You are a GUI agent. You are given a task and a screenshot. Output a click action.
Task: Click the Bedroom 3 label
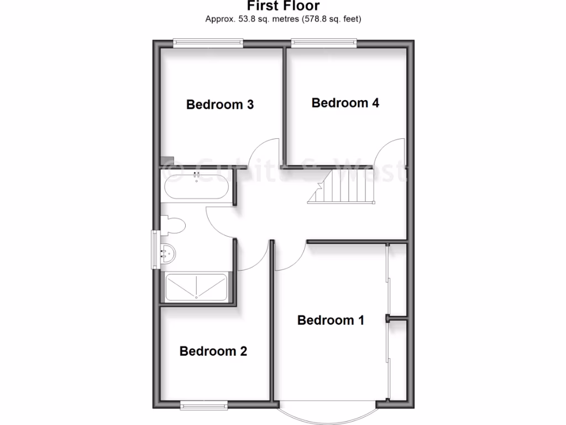point(219,105)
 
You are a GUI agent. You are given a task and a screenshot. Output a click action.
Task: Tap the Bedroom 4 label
point(345,103)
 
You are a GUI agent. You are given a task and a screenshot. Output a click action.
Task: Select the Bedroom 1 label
point(331,320)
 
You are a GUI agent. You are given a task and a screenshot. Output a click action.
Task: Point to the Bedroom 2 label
point(213,351)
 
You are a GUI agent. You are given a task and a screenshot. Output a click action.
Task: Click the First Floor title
point(282,7)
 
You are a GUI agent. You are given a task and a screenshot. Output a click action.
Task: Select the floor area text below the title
point(283,19)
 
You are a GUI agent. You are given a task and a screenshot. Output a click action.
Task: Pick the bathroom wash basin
point(167,253)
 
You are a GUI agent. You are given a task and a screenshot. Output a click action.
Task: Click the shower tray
point(196,287)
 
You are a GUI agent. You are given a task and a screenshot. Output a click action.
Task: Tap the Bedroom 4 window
point(324,42)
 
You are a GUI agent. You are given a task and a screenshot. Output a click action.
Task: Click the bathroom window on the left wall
point(155,250)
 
